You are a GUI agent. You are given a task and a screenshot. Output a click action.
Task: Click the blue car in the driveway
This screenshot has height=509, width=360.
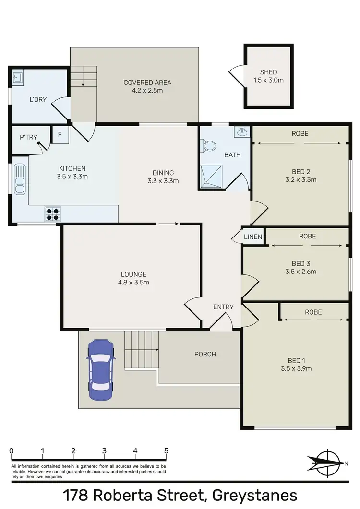coord(100,367)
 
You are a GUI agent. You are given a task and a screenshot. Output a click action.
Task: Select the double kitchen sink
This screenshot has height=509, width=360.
coord(20,179)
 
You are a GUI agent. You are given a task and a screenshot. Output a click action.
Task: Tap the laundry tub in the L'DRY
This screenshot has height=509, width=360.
coord(18,76)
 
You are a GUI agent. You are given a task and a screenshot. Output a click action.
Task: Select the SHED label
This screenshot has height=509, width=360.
coord(268,72)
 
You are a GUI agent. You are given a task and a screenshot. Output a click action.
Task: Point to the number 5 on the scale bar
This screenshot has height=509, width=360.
coord(166,451)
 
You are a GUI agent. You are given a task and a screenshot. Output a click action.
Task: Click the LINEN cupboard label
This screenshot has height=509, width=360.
coord(253,237)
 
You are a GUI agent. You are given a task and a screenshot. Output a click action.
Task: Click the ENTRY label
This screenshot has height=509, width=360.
coord(223,307)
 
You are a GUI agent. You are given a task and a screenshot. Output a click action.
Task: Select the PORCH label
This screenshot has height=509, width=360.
coord(205,354)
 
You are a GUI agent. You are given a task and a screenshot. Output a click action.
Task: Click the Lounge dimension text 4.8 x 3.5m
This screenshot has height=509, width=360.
coord(134,282)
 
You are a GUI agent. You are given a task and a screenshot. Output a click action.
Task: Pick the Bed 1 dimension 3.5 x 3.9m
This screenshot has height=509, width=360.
coord(297,368)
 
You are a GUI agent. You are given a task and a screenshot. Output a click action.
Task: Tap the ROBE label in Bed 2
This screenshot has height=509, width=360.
coord(300,133)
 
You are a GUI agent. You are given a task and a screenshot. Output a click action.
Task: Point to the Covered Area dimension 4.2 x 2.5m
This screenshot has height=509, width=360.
coord(147,90)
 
